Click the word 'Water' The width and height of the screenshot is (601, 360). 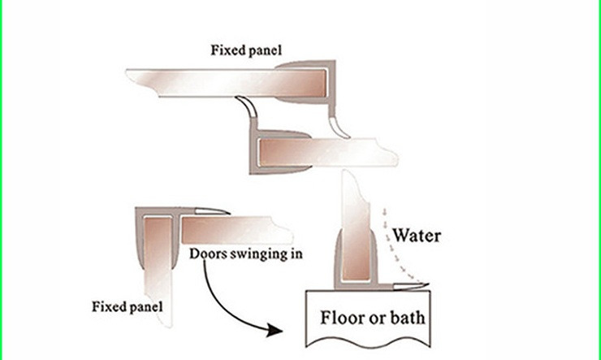click(x=417, y=236)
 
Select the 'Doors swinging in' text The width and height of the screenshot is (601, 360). click(x=246, y=253)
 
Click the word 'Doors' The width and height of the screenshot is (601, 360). click(x=207, y=253)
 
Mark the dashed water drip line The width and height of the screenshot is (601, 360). click(x=385, y=244)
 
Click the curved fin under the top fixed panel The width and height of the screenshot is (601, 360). click(x=245, y=106)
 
